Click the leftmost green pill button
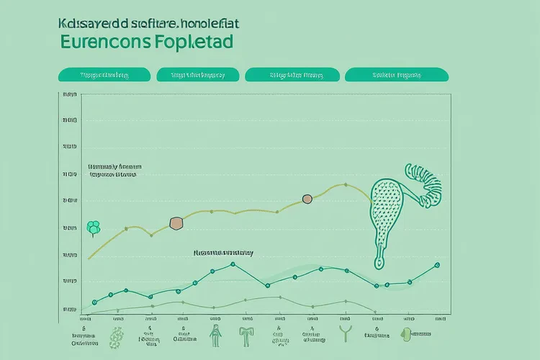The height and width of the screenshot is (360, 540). tap(104, 74)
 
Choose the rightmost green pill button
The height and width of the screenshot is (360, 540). tap(396, 74)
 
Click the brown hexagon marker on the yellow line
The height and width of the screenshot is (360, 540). tap(175, 224)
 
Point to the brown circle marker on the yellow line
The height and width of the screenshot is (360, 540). tap(307, 199)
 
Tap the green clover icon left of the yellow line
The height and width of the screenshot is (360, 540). tap(93, 228)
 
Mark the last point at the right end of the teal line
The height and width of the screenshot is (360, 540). tap(437, 265)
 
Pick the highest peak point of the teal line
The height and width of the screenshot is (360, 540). tap(233, 264)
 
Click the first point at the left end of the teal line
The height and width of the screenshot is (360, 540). tap(94, 302)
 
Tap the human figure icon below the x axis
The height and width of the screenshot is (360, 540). tap(215, 333)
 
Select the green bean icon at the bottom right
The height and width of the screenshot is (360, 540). tap(406, 333)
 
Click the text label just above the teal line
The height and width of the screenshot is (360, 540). tap(223, 253)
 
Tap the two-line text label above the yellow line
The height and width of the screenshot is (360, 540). tap(112, 169)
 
